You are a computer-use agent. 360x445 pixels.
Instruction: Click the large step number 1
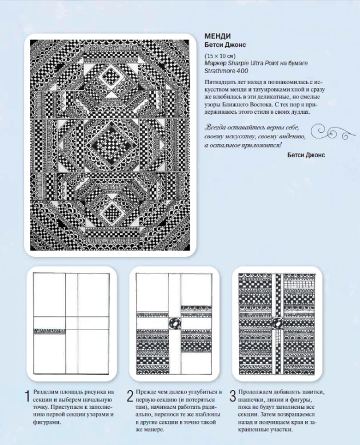click(x=27, y=396)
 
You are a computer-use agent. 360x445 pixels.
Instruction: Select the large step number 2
click(x=130, y=396)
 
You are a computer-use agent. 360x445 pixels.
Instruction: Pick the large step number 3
click(x=233, y=396)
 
